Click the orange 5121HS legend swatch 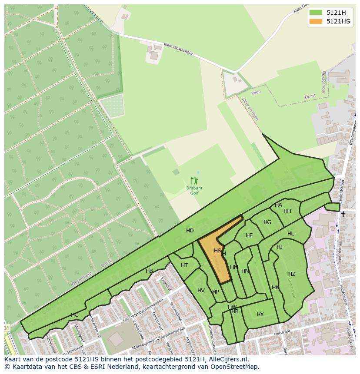(316, 21)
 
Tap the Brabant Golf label (194, 191)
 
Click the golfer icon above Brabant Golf (194, 181)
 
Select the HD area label (190, 231)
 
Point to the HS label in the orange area (217, 251)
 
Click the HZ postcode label (292, 274)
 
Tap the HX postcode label (260, 314)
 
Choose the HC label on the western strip (74, 315)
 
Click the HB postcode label (149, 271)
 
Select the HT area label (184, 265)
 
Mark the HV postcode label (201, 291)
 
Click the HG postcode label (267, 222)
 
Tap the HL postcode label (290, 234)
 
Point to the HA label (278, 205)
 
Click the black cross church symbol (343, 214)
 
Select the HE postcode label (249, 235)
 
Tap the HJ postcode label (280, 247)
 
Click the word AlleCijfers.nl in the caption (227, 359)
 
